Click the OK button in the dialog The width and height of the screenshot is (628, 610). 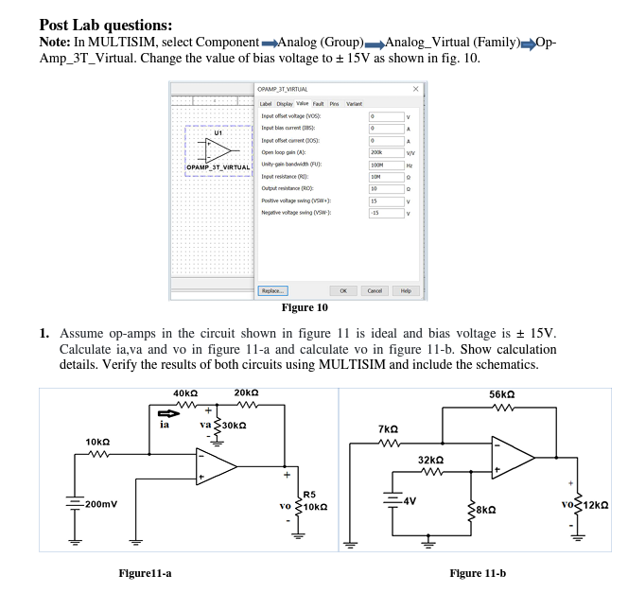[343, 291]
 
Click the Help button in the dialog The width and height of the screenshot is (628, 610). [406, 291]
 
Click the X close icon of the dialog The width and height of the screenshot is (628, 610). [414, 89]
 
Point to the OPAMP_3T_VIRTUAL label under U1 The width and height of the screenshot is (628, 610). [218, 167]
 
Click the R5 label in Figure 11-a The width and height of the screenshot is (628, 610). [309, 494]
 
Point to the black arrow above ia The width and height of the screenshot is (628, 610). [167, 411]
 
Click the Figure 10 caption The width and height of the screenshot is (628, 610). [305, 307]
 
